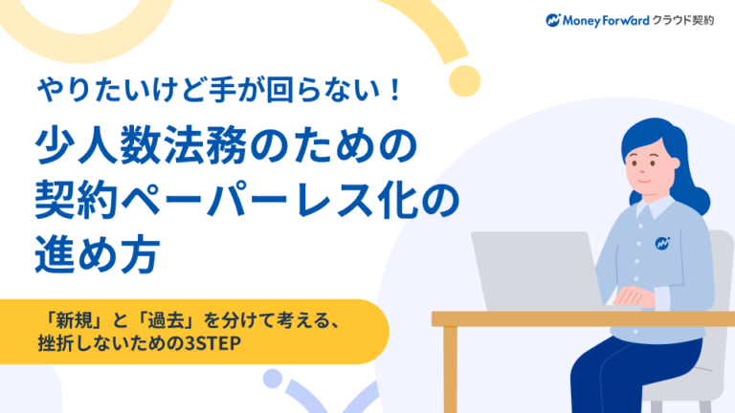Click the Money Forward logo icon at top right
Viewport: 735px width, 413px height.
point(553,19)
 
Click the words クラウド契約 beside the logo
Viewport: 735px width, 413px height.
point(684,19)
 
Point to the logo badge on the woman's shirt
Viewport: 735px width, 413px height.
point(662,243)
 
